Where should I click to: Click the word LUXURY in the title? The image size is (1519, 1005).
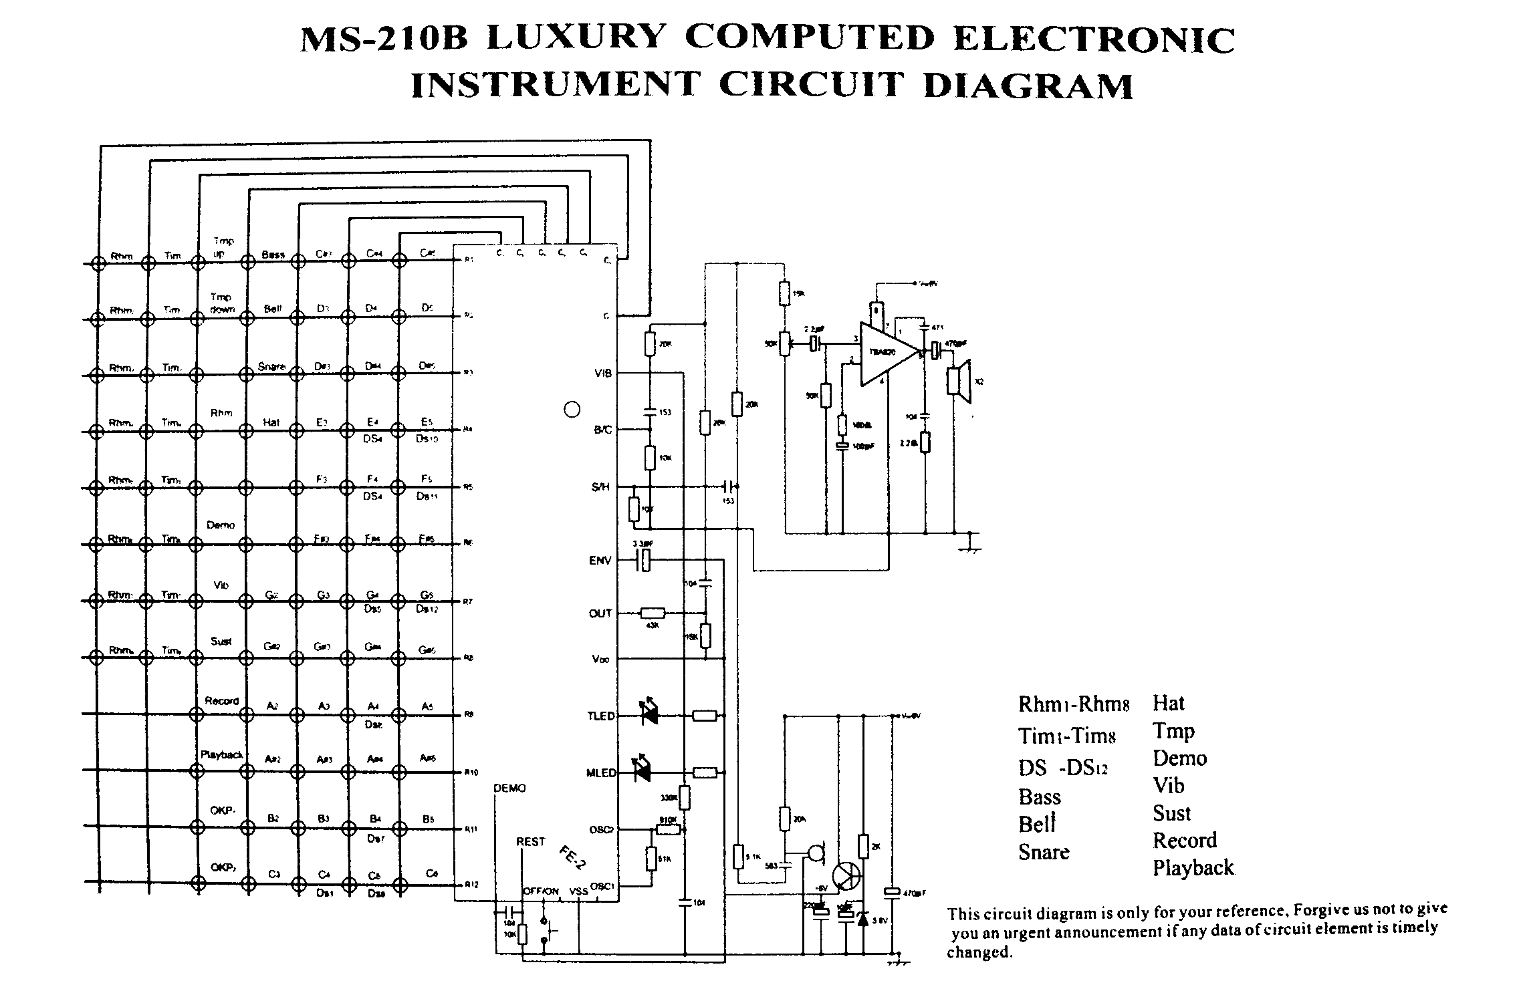577,39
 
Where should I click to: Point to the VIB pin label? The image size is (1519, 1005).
602,374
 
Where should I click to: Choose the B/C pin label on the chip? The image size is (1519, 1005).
602,430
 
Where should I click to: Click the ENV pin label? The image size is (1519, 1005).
600,561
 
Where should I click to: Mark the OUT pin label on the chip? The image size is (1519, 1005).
600,613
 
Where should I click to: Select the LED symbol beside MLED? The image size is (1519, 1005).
643,772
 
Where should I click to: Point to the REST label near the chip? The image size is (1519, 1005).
531,842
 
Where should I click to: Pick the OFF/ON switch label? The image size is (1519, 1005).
541,891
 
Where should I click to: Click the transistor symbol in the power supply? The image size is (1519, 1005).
847,876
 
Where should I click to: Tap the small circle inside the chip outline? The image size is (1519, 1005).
572,410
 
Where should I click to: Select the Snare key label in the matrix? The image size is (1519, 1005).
271,367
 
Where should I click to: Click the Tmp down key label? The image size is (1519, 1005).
221,303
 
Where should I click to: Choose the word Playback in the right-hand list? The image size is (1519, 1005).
1193,867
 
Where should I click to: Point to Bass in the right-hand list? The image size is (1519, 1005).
1040,797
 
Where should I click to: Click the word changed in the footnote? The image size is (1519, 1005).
979,952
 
